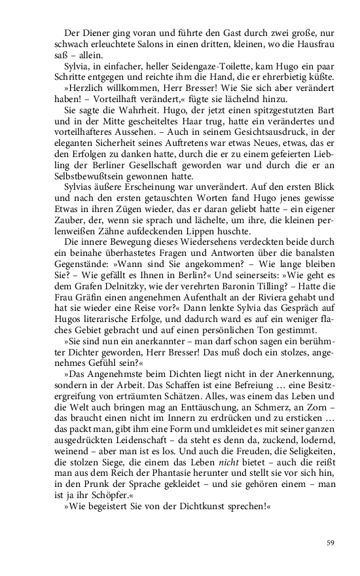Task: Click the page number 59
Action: pos(331,542)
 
